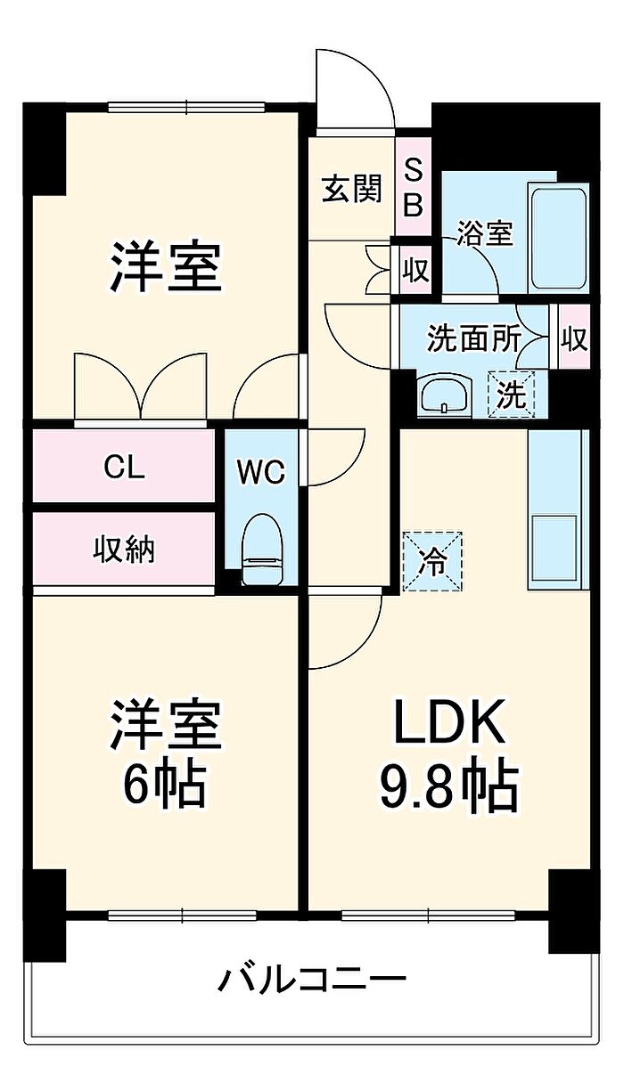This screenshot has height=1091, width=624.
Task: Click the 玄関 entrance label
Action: tap(351, 190)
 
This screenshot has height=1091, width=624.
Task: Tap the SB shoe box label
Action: tap(414, 189)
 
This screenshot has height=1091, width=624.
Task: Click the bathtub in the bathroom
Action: tap(559, 237)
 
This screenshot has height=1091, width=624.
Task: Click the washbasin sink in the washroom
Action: tap(444, 393)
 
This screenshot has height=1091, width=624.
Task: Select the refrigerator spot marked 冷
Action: tap(433, 561)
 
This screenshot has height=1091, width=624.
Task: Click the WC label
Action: tap(261, 471)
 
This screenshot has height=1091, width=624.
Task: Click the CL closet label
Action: tap(124, 467)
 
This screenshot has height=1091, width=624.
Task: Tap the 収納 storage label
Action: tap(124, 550)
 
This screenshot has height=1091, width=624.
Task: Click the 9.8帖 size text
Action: tap(450, 784)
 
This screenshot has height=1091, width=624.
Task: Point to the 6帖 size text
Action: tap(165, 784)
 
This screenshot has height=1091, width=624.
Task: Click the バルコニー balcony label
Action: tap(312, 980)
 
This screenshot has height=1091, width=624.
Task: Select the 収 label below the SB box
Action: tap(414, 268)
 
